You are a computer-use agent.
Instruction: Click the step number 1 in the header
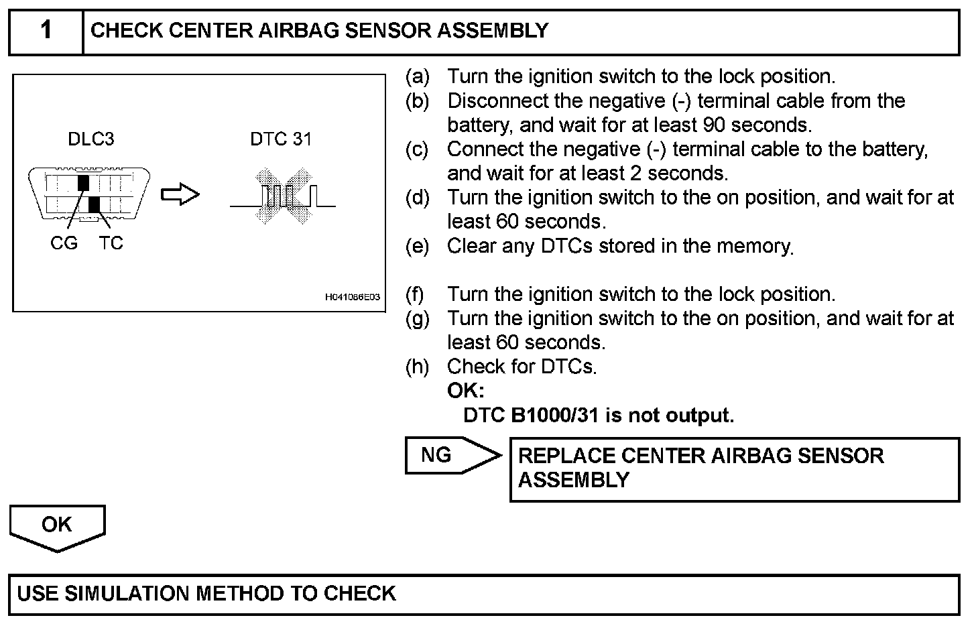46,31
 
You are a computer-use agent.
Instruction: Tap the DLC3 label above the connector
90,139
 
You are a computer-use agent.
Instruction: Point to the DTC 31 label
281,139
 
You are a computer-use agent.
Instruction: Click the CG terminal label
64,243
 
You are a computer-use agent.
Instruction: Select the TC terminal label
111,243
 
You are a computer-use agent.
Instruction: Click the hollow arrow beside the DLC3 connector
180,195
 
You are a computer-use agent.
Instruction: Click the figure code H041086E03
353,297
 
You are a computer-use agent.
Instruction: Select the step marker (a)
417,77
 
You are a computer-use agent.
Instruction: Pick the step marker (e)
417,247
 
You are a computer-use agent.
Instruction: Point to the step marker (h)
417,367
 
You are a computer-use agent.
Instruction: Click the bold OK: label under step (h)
465,391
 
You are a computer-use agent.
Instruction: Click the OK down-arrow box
57,526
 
